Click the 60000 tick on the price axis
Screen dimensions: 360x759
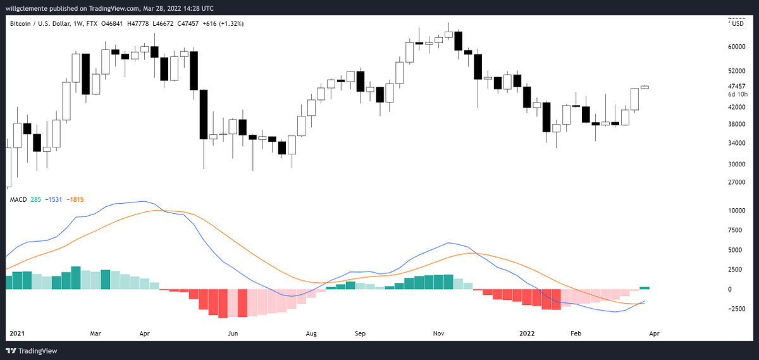737,47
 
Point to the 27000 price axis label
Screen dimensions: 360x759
737,182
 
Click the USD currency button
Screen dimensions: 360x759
737,24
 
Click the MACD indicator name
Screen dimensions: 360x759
18,200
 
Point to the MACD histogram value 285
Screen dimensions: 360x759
35,200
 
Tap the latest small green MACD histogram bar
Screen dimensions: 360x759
645,288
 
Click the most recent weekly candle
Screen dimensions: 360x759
645,87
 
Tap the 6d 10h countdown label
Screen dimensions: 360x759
737,94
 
